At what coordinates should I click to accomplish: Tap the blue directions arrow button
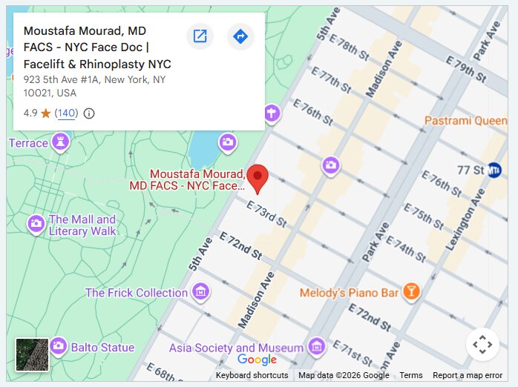240,36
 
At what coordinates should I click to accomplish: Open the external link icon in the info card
200,36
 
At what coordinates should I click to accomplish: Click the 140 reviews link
66,113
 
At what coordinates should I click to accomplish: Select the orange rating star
46,113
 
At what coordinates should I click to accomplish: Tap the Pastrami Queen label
465,120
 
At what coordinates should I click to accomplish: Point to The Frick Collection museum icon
200,292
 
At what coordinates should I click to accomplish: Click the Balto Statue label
102,347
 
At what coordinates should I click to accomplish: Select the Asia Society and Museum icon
317,346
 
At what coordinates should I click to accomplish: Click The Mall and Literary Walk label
82,225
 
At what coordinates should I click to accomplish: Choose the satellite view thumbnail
32,354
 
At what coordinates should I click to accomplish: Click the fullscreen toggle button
482,344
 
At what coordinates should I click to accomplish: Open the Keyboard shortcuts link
252,375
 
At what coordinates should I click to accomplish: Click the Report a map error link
467,375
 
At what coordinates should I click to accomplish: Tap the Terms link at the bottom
410,375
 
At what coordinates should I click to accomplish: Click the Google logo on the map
257,360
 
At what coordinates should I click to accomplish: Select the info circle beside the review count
89,113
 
